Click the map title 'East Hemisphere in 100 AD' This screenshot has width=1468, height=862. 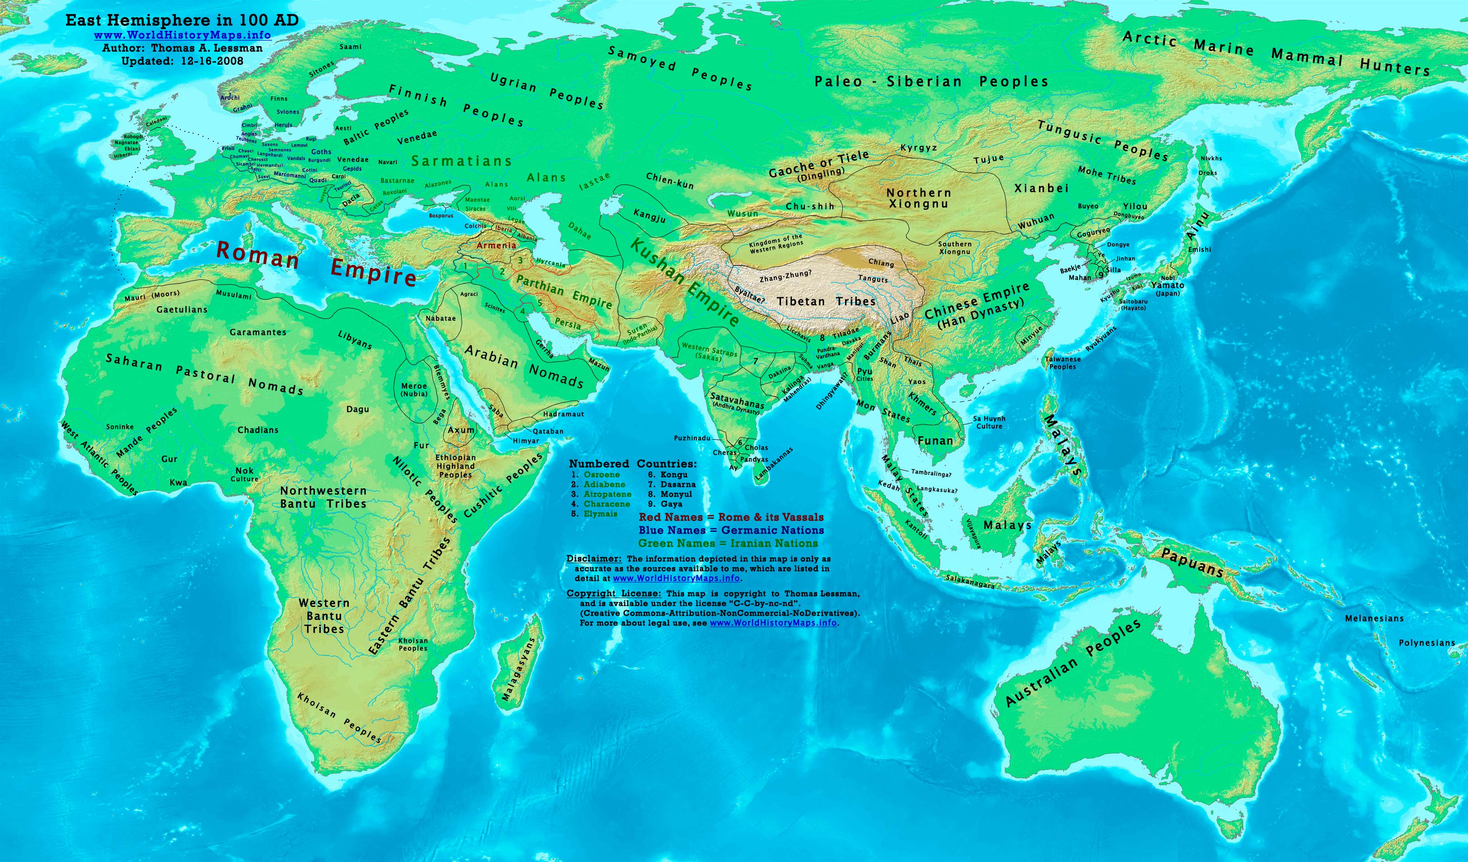182,20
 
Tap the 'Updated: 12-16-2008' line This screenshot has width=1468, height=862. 182,61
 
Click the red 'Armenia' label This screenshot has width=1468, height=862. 496,245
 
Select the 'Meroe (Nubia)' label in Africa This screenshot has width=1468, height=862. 414,390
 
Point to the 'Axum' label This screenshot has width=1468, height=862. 461,430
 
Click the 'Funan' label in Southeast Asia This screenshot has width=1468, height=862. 935,441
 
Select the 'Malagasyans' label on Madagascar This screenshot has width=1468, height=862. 518,669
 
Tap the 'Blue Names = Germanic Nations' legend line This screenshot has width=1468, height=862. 731,530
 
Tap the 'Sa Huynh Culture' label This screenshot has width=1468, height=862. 989,422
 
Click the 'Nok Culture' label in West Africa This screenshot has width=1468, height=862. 244,474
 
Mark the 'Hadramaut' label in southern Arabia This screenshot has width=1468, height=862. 563,414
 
